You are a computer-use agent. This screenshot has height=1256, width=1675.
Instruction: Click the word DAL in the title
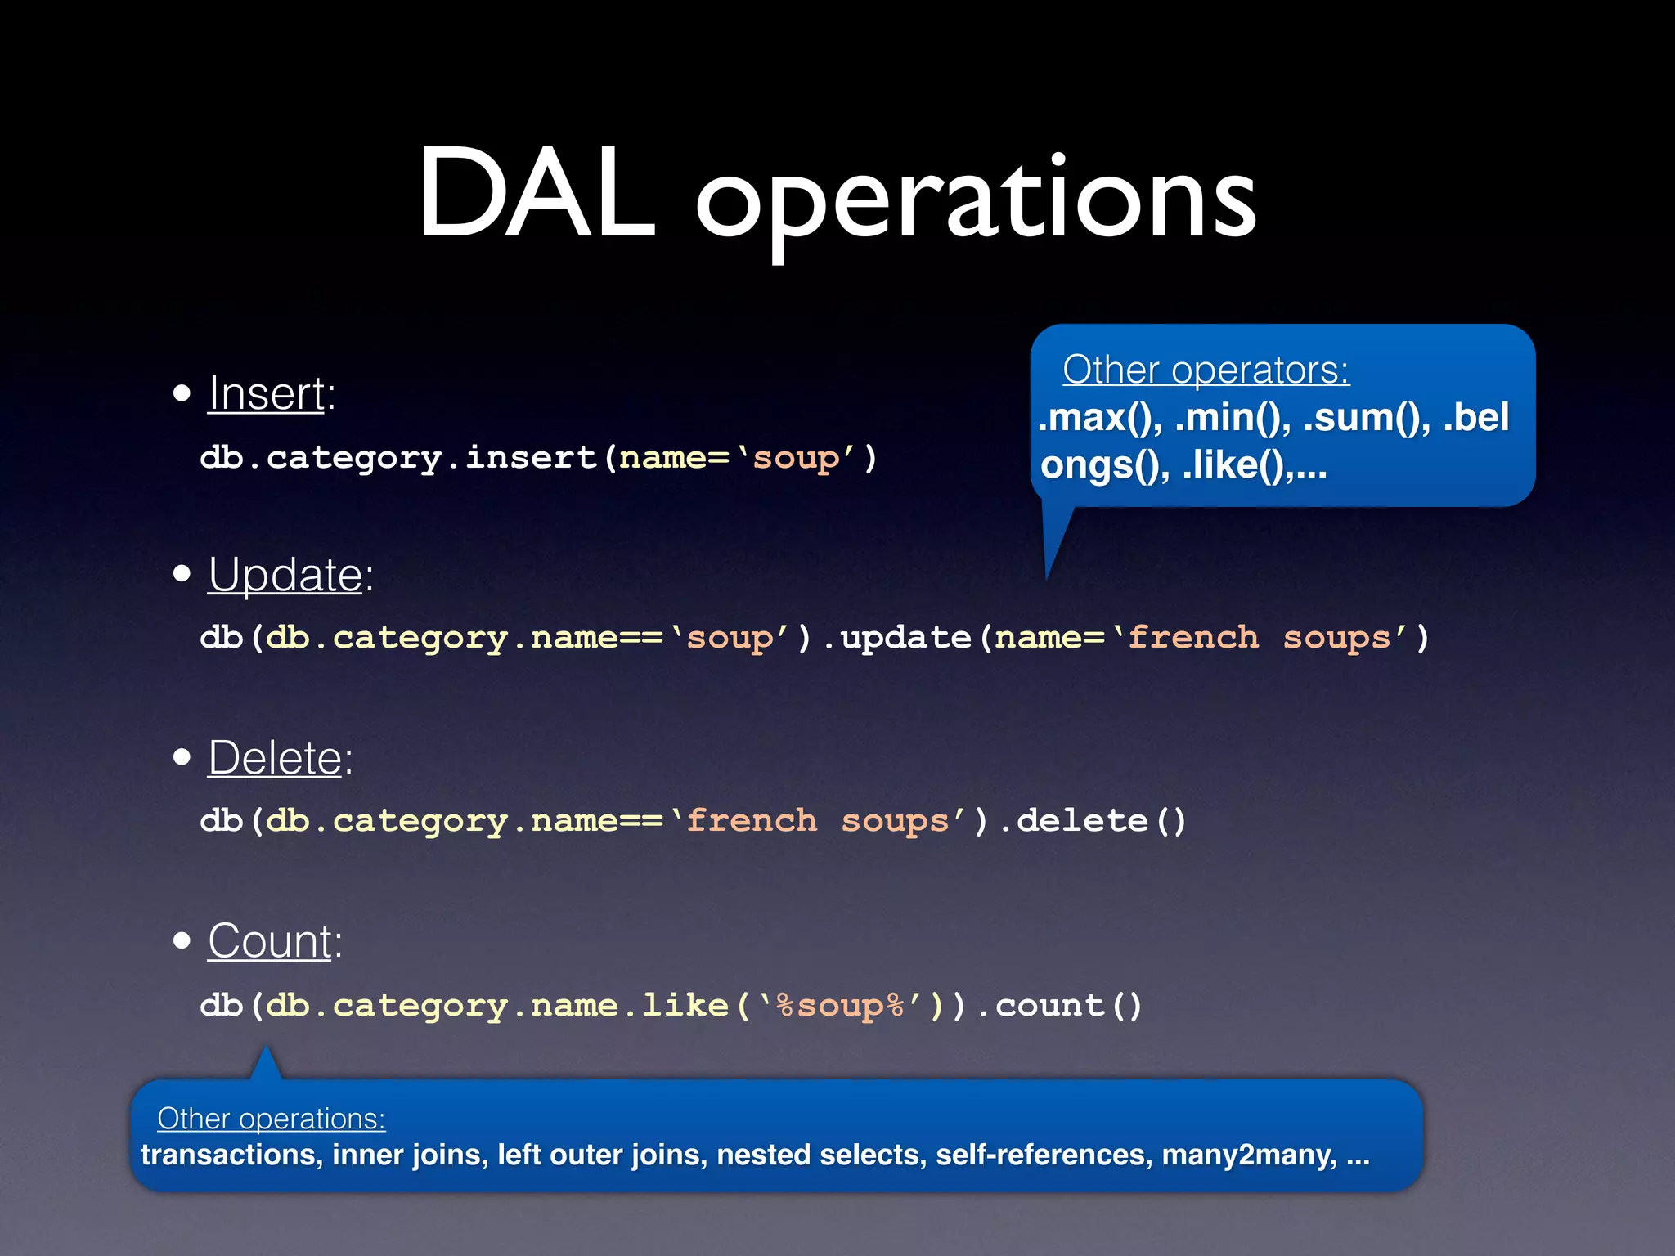click(537, 196)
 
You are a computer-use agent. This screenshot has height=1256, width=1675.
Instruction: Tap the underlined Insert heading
click(267, 393)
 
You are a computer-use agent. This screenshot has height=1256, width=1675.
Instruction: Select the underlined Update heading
click(285, 575)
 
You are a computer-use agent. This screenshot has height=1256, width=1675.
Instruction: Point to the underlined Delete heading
click(275, 758)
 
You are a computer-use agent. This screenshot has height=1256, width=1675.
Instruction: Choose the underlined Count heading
click(270, 941)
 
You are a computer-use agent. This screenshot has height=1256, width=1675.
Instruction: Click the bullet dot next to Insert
click(182, 394)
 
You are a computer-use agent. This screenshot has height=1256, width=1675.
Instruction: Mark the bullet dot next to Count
click(182, 941)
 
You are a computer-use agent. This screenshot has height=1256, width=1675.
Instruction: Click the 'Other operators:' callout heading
click(1206, 370)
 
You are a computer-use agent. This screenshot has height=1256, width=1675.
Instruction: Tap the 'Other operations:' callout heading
click(271, 1118)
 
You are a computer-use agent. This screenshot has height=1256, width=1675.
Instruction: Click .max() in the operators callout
click(1099, 418)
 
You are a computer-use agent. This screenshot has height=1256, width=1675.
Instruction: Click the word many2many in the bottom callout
click(1248, 1155)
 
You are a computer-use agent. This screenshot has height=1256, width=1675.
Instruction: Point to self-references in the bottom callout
click(1044, 1155)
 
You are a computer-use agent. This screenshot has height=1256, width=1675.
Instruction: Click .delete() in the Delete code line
click(1093, 820)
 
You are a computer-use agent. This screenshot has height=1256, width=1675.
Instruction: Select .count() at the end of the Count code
click(1060, 1005)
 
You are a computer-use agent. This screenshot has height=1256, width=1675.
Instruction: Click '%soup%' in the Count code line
click(841, 1005)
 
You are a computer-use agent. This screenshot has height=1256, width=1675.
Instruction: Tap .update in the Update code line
click(898, 637)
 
